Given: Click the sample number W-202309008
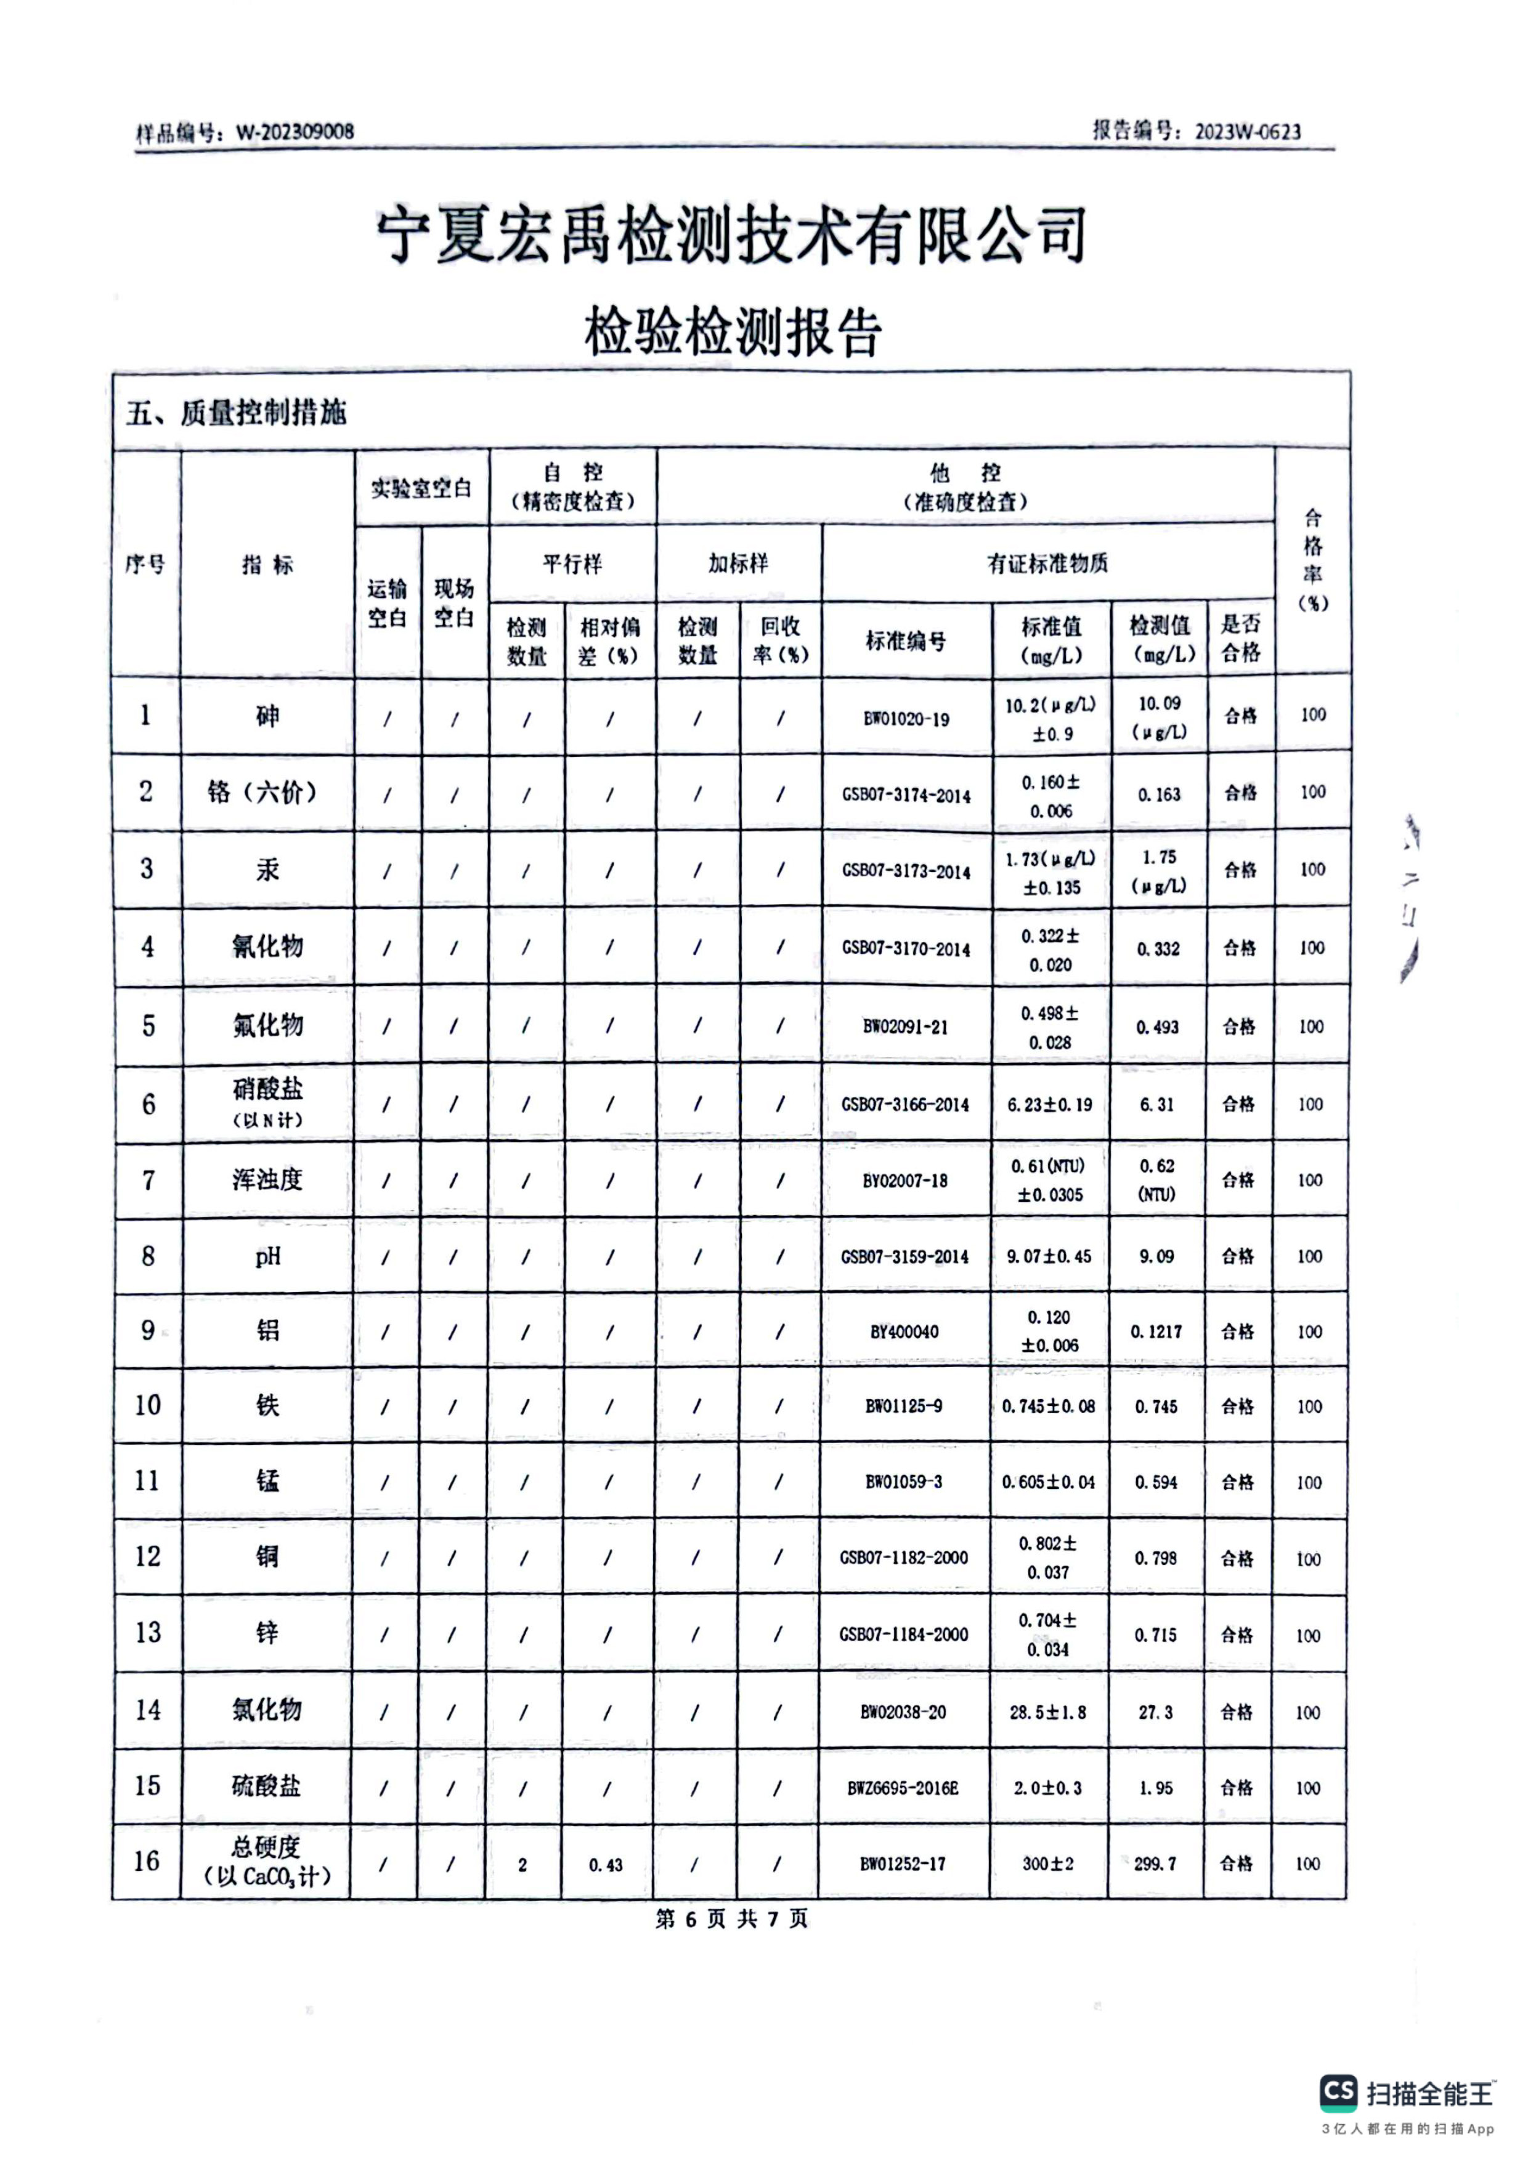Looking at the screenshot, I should point(295,132).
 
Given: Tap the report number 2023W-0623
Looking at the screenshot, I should point(1248,132).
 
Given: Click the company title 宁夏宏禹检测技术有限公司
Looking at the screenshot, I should point(731,235).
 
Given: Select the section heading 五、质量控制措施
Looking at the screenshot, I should point(237,412).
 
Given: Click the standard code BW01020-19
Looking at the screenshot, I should point(906,719).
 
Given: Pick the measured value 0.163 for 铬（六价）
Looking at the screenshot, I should point(1158,794).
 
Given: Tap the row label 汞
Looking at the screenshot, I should point(268,870).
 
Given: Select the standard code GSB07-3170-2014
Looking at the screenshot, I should point(906,949).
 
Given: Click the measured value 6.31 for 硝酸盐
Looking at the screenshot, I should point(1157,1104).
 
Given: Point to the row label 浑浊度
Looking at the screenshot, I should point(268,1179).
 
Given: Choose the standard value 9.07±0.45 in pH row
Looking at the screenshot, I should point(1049,1256).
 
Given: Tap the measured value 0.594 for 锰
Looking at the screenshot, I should point(1156,1482).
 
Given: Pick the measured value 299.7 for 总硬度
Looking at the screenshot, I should point(1155,1864).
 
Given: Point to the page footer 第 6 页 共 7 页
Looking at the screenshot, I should point(731,1919).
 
